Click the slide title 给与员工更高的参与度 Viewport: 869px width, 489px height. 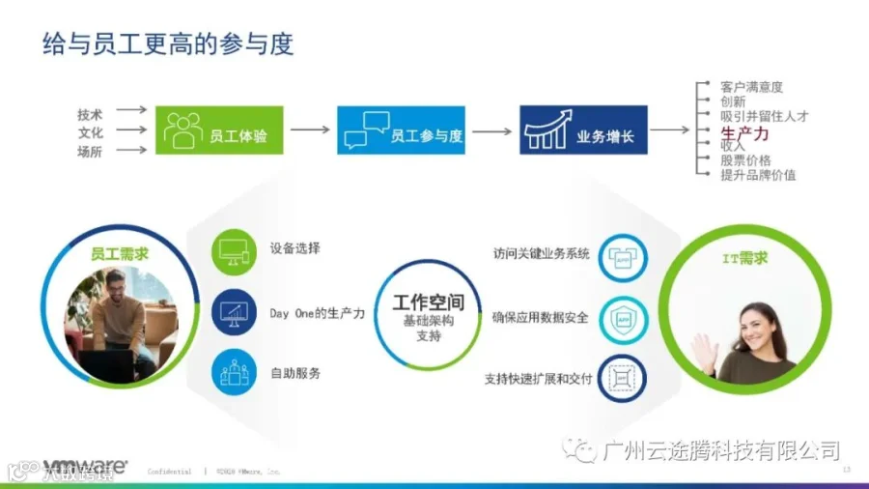click(x=168, y=44)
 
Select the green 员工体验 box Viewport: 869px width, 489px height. click(x=219, y=130)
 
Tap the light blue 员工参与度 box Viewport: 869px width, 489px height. click(x=401, y=130)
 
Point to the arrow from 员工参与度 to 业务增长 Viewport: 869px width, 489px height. click(x=491, y=130)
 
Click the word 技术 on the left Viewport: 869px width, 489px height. click(x=90, y=113)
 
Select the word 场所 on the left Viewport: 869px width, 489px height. click(x=90, y=152)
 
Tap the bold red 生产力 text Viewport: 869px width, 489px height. click(x=745, y=132)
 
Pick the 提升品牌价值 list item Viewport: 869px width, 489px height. click(x=758, y=175)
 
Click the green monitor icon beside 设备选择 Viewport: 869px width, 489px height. click(x=235, y=250)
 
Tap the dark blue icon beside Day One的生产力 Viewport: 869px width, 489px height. click(x=235, y=311)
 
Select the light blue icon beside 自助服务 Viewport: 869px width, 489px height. click(x=235, y=372)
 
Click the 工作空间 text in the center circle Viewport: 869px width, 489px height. click(x=428, y=302)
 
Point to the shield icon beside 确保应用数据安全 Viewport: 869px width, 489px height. click(x=622, y=316)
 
